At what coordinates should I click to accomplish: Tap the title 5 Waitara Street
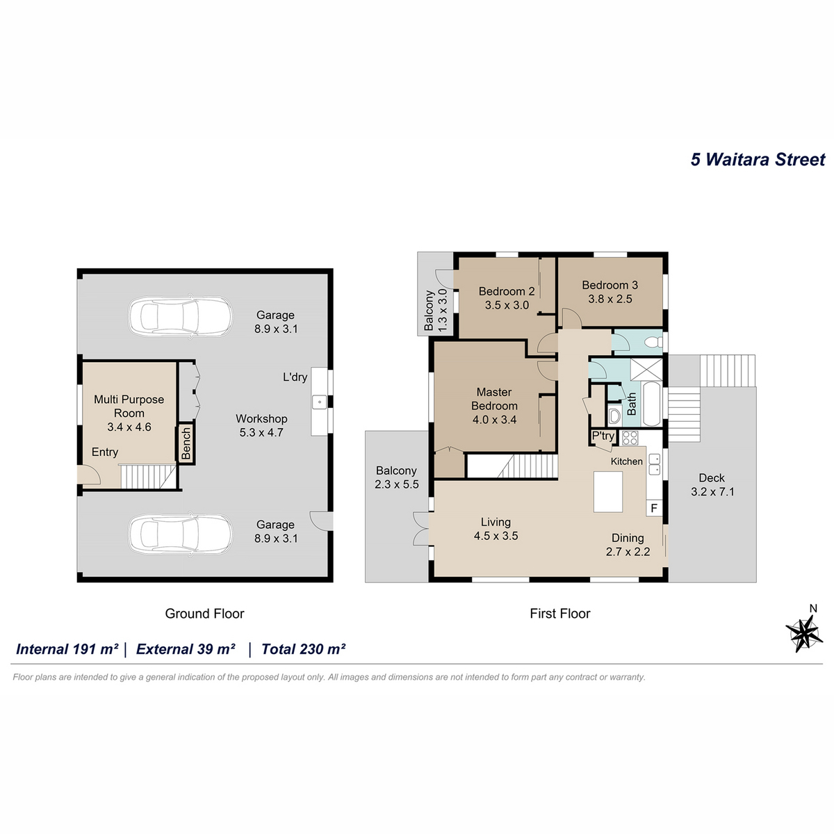tap(758, 159)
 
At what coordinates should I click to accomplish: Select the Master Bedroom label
tap(494, 399)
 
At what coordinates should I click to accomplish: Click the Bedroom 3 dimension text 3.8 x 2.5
tap(610, 299)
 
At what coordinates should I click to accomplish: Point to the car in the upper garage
tap(181, 316)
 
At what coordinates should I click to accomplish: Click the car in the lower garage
tap(181, 534)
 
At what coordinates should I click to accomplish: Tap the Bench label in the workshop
tap(186, 443)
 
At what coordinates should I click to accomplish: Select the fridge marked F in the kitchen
tap(653, 507)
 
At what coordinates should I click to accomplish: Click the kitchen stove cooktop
tap(629, 438)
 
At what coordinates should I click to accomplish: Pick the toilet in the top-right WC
tap(653, 343)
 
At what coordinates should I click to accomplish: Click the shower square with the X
tap(646, 369)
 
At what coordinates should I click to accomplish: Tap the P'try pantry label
tap(603, 436)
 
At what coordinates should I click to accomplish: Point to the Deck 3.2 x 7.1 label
tap(712, 484)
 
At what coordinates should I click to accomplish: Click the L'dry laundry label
tap(295, 377)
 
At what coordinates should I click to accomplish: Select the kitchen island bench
tap(607, 491)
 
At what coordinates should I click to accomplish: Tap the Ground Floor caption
tap(205, 613)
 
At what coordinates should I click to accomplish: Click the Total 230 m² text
tap(304, 648)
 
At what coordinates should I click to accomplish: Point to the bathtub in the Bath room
tap(651, 404)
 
